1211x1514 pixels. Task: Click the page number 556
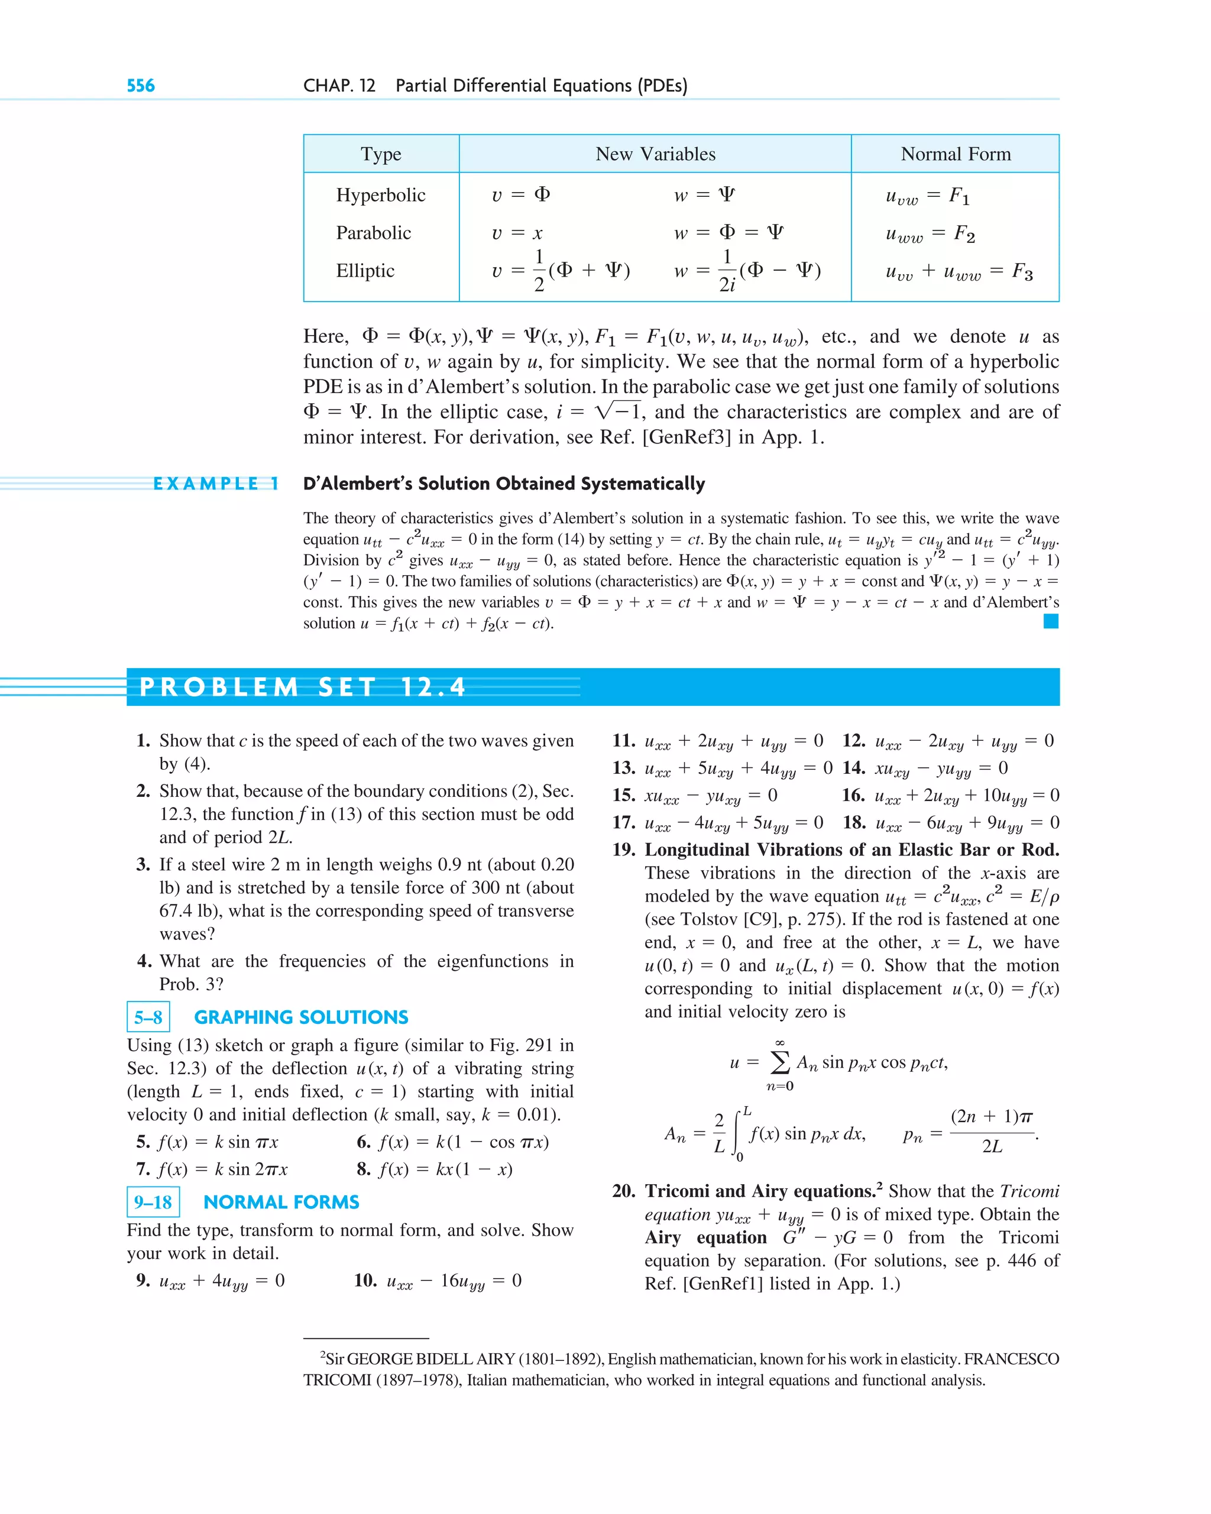pos(141,86)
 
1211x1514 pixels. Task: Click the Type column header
pos(381,154)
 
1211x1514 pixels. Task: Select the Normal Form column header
pos(956,154)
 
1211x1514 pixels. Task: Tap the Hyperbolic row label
pos(381,194)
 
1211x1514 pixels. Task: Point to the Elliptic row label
pos(365,270)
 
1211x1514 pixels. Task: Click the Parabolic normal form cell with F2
pos(930,233)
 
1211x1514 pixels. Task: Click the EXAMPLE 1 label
pos(216,484)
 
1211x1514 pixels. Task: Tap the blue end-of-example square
pos(1050,621)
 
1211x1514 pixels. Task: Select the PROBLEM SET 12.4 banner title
pos(302,687)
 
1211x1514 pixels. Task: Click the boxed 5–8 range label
pos(148,1017)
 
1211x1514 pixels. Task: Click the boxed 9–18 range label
pos(153,1201)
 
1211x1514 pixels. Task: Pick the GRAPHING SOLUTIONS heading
pos(300,1017)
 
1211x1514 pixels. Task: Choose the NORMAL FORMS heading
pos(281,1201)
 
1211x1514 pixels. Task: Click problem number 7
pos(143,1169)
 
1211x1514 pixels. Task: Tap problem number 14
pos(853,767)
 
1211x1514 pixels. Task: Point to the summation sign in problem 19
pos(780,1062)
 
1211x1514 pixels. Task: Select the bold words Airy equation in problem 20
pos(705,1237)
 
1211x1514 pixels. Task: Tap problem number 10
pos(365,1280)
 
